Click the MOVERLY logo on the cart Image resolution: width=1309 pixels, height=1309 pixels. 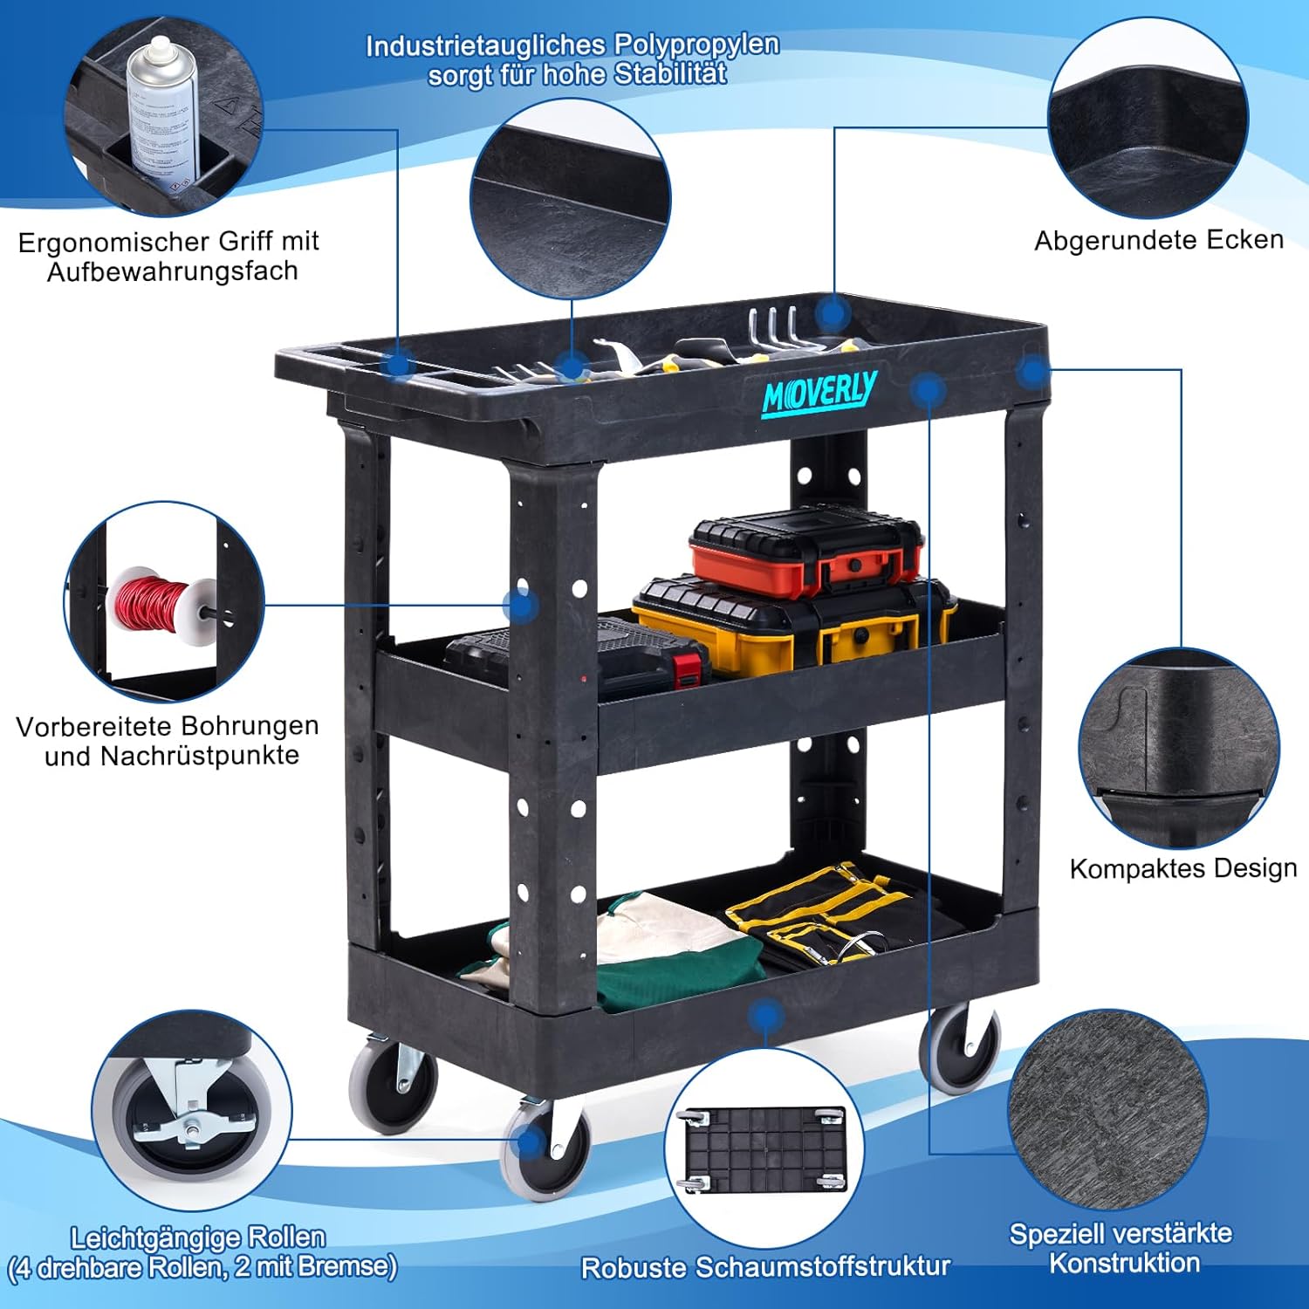(819, 394)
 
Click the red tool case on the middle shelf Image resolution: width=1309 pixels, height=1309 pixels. (805, 549)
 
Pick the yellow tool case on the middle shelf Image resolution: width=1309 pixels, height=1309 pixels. (790, 625)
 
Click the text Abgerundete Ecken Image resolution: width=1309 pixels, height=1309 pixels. (1158, 240)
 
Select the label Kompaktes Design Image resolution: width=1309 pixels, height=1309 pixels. (1182, 868)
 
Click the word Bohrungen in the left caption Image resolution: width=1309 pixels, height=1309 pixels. (255, 726)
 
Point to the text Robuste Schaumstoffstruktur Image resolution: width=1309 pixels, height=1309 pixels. (765, 1267)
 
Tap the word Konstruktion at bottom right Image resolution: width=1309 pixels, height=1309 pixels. (1124, 1263)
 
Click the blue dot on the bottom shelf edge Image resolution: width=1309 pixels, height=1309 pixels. (765, 1015)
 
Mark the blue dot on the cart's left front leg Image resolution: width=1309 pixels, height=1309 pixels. (521, 605)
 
